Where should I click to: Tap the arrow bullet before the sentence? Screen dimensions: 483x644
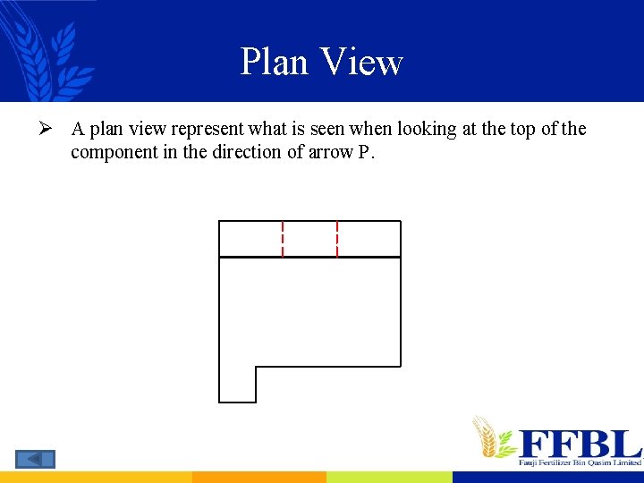[x=52, y=129]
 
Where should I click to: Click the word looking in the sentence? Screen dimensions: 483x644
[x=423, y=129]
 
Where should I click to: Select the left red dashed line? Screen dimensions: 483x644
[x=283, y=239]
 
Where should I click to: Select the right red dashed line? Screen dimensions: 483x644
[x=337, y=239]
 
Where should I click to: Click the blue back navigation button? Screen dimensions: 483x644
[x=35, y=459]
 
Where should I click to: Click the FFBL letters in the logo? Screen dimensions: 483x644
[x=580, y=443]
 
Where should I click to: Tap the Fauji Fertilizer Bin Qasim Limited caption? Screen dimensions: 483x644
[x=580, y=462]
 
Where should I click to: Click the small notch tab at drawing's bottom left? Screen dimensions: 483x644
[x=237, y=385]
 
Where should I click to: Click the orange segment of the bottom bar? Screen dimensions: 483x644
[x=258, y=478]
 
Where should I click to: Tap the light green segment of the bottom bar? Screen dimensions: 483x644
[x=389, y=478]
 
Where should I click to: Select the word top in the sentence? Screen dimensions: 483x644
[x=522, y=129]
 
